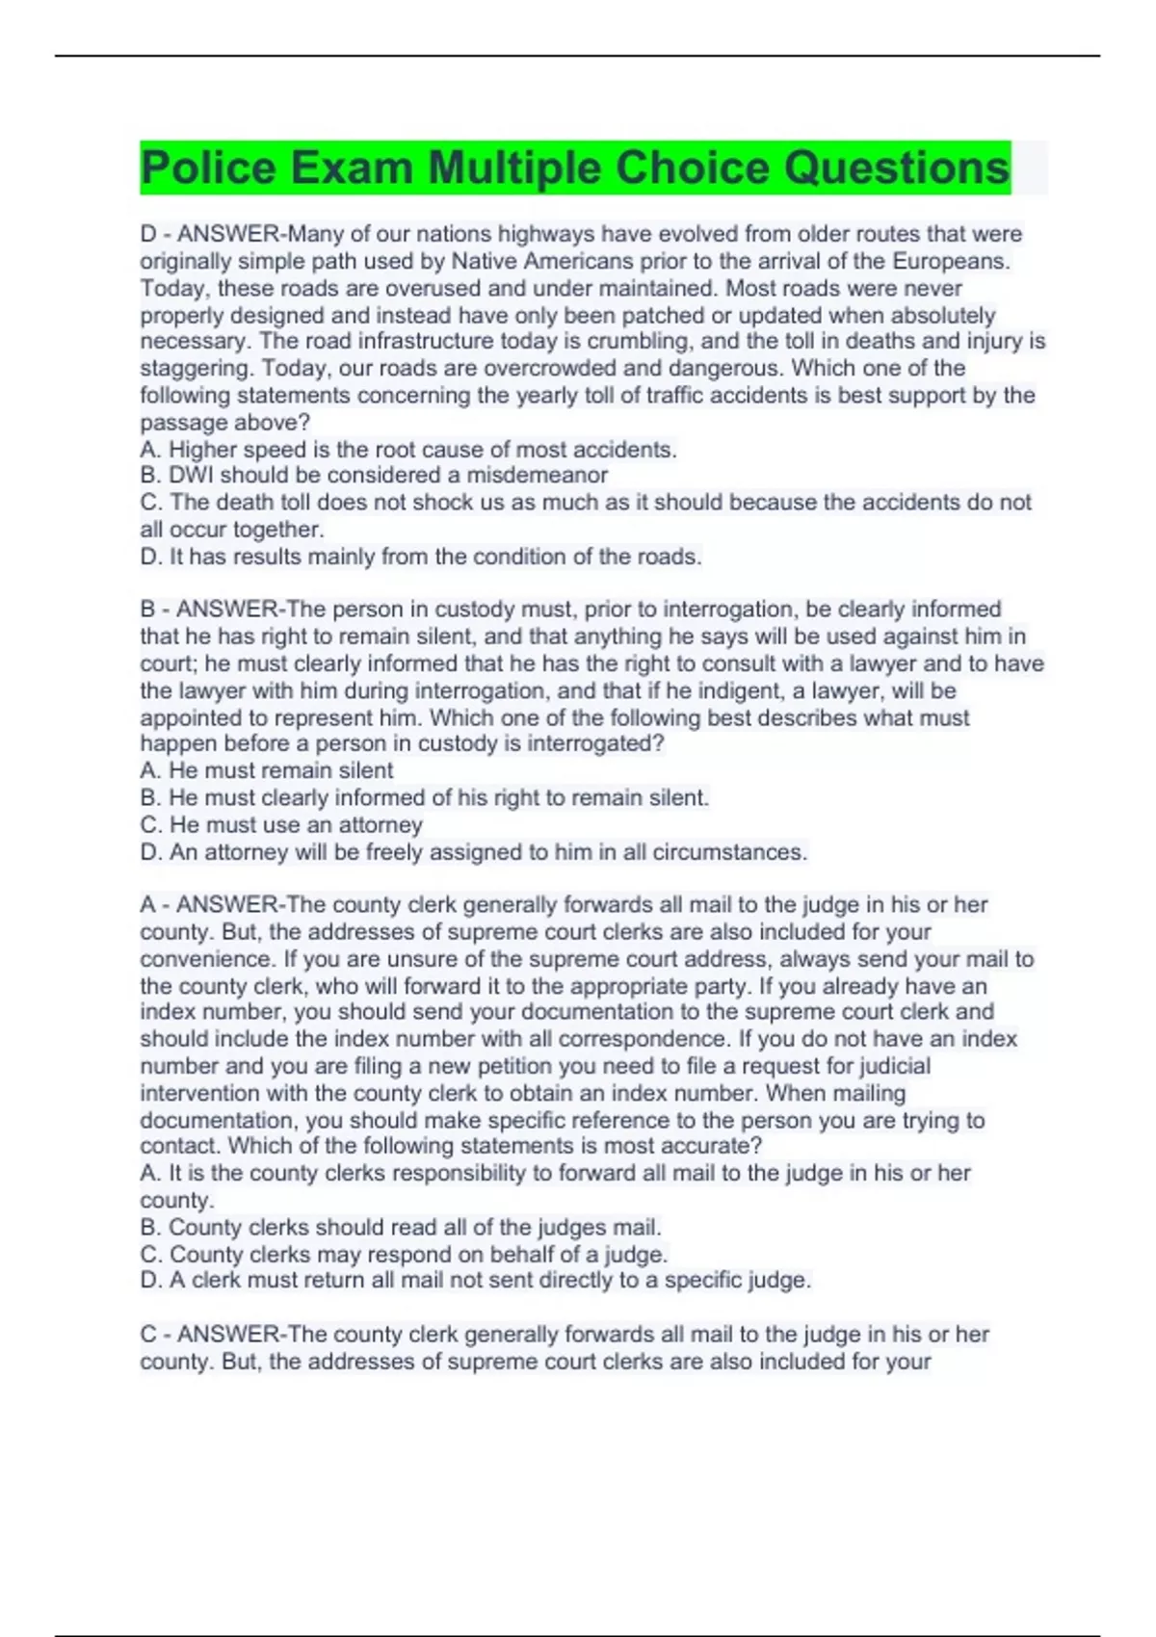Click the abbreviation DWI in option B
[191, 476]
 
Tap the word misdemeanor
[538, 476]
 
